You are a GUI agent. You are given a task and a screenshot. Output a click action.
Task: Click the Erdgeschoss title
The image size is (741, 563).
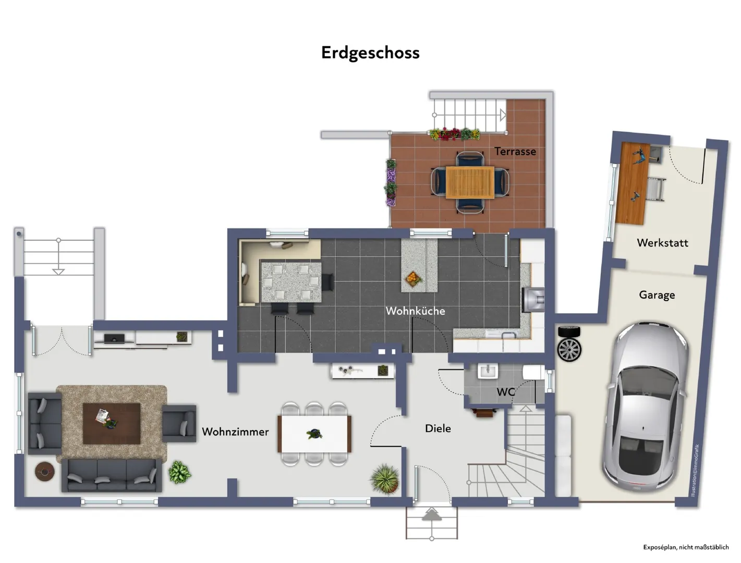[370, 53]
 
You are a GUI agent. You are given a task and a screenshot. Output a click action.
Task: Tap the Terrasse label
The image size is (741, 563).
[515, 151]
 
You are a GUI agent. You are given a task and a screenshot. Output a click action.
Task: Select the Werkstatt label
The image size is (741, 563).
[662, 242]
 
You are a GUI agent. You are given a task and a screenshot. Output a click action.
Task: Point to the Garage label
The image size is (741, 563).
[657, 295]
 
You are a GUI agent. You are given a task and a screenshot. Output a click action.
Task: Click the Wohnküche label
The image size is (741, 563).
[415, 311]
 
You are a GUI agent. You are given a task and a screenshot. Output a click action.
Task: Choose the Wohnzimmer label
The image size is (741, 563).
[235, 432]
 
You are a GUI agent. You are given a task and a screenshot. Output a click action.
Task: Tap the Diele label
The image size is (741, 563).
[438, 429]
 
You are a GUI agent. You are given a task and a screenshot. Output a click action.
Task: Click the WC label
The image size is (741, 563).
[505, 391]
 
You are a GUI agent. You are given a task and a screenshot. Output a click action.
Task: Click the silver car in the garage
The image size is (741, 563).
[645, 407]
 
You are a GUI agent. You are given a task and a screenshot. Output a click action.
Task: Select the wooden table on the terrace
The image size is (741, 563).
[470, 182]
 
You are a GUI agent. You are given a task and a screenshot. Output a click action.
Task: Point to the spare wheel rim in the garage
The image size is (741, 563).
[569, 349]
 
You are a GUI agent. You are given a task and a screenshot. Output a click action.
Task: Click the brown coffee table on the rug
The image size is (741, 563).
[112, 423]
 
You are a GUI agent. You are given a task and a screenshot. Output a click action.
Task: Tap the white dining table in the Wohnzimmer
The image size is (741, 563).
[314, 434]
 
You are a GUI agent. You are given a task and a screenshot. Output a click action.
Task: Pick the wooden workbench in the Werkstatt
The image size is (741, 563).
[633, 183]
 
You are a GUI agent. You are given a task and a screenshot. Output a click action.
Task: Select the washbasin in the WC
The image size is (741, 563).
[488, 371]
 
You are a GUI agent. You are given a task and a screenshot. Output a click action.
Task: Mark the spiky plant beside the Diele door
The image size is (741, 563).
[385, 479]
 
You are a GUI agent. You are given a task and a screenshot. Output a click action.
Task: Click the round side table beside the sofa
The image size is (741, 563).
[44, 471]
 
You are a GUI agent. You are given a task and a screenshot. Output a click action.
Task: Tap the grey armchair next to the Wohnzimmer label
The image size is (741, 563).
[179, 423]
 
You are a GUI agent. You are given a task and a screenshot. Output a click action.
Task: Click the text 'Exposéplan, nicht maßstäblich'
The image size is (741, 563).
[686, 547]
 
